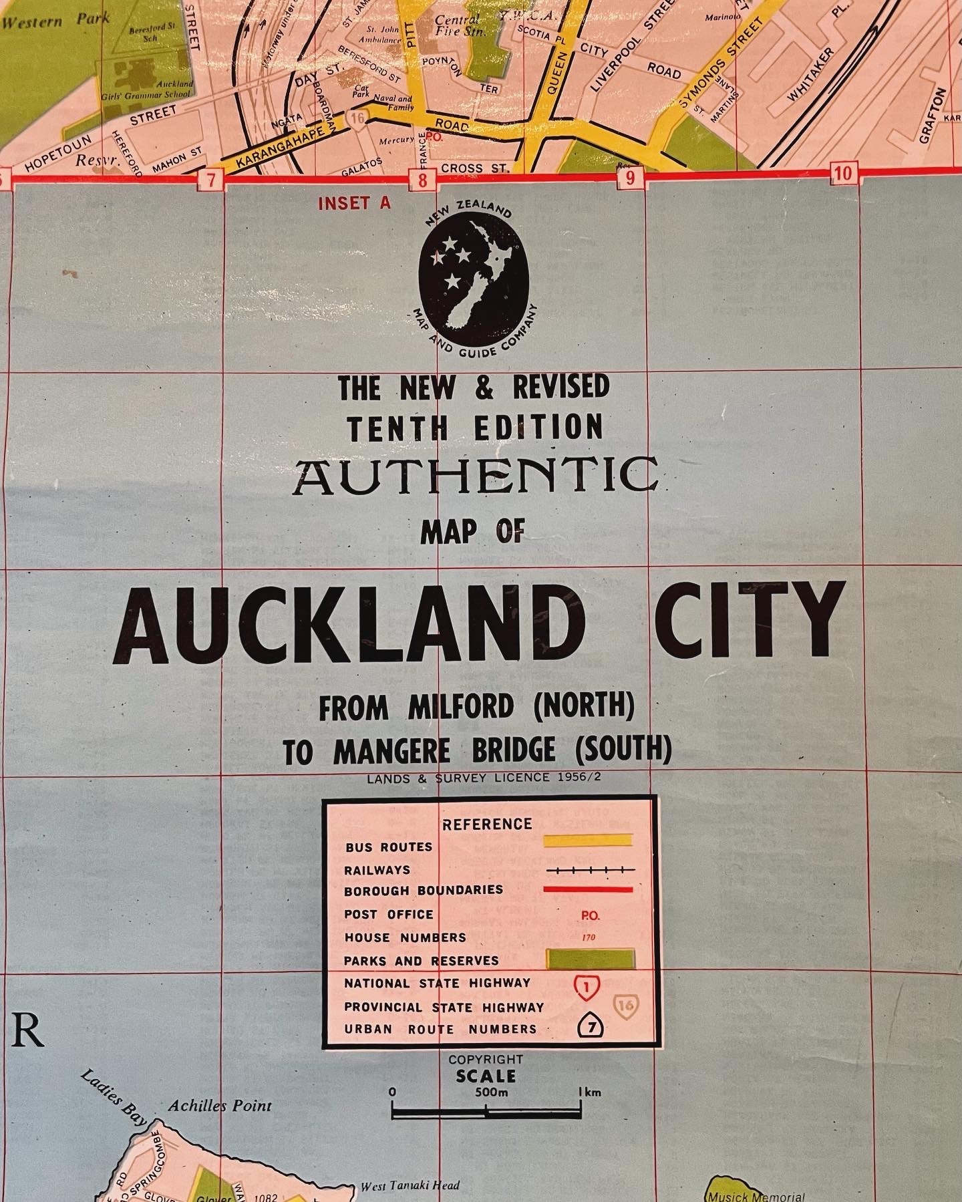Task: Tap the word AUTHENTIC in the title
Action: tap(474, 477)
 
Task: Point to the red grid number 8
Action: tap(423, 179)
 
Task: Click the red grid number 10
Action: tap(843, 174)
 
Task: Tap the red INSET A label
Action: tap(354, 203)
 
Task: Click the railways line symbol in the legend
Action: tap(589, 870)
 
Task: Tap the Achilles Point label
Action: tap(220, 1105)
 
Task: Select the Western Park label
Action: tap(56, 20)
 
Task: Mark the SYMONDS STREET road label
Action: tap(720, 63)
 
